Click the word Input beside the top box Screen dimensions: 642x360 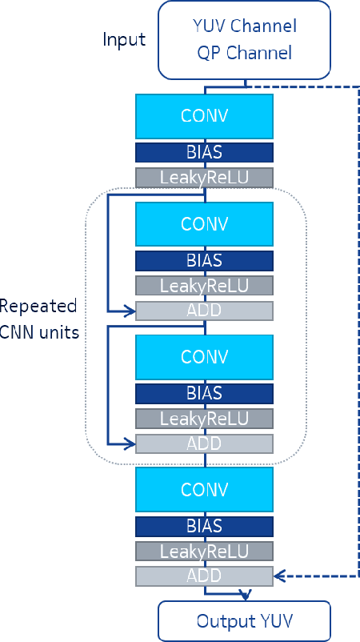click(x=124, y=39)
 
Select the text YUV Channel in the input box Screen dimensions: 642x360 click(x=245, y=26)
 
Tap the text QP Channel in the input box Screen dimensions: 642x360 click(x=245, y=54)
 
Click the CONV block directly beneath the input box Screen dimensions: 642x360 click(x=205, y=115)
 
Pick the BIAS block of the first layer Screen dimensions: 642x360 click(x=205, y=152)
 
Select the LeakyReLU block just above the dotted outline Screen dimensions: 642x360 click(x=205, y=178)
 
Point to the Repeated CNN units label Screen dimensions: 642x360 click(x=39, y=319)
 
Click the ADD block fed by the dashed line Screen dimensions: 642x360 click(x=205, y=576)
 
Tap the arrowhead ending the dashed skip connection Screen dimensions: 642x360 click(x=279, y=576)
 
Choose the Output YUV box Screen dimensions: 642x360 click(x=244, y=621)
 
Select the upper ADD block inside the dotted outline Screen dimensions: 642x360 click(x=205, y=311)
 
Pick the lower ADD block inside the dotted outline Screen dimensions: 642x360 click(x=205, y=443)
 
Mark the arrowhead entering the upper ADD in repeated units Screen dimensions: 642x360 click(x=130, y=311)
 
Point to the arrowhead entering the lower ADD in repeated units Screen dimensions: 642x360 click(x=130, y=443)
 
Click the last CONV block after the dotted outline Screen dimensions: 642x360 click(x=205, y=488)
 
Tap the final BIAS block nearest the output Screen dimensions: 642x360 click(x=205, y=525)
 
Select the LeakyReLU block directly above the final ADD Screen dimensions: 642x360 click(x=205, y=551)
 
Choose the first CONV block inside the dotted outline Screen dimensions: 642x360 click(x=205, y=223)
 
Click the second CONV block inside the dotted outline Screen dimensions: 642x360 click(x=205, y=356)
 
